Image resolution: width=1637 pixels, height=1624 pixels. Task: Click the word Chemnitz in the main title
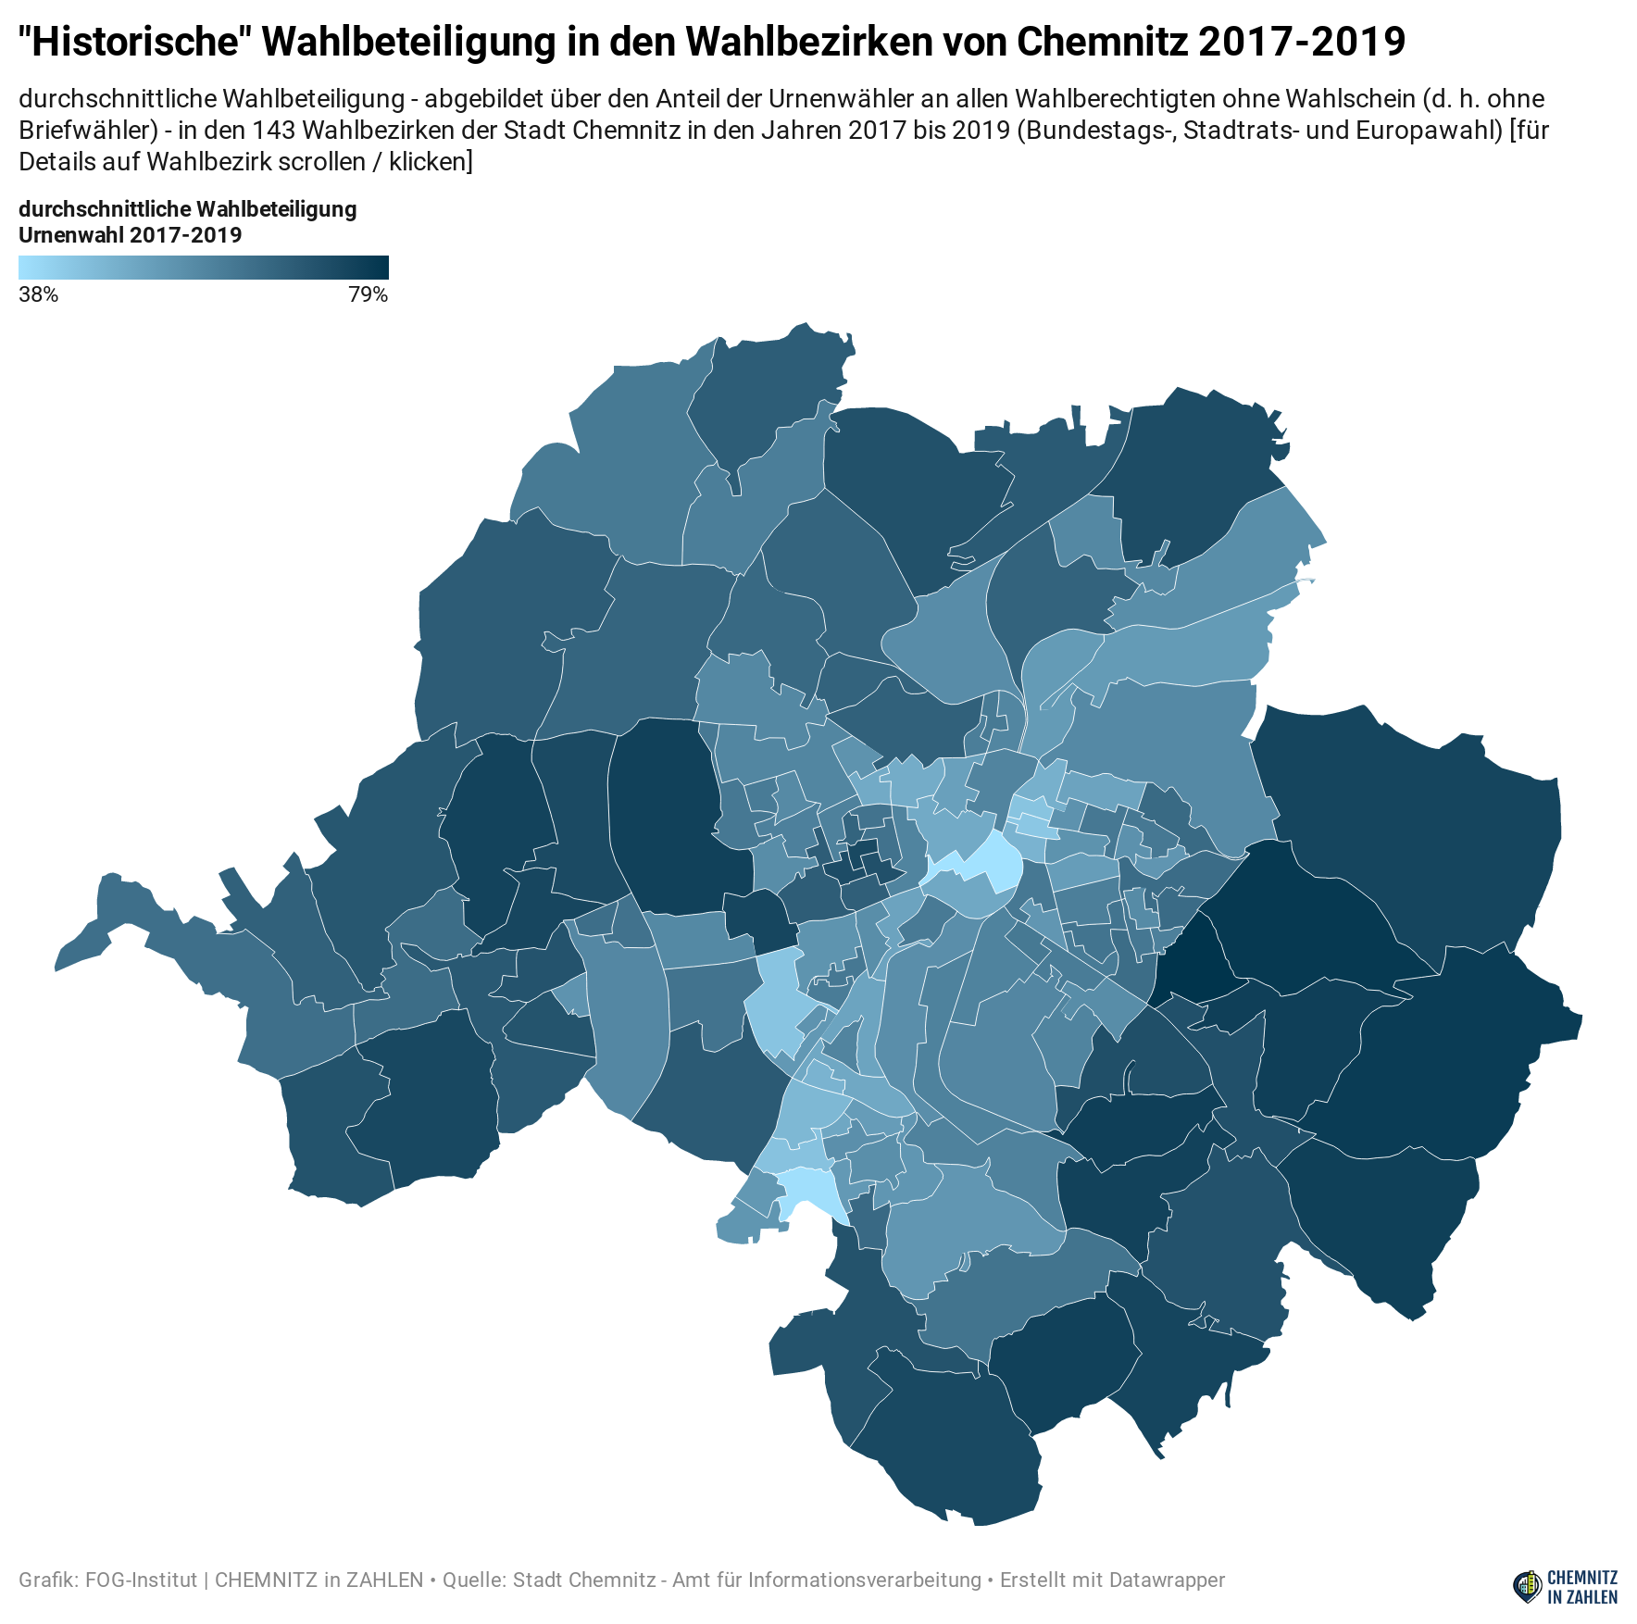pos(1101,42)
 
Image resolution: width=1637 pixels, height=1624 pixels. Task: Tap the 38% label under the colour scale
pos(38,295)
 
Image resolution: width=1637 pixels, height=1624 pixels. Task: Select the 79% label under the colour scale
pos(368,295)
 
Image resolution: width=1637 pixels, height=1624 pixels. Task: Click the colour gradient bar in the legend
pos(203,268)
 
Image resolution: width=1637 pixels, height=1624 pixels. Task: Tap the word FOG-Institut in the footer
pos(141,1580)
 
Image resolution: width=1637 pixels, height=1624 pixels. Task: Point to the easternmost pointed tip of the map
pos(1579,1024)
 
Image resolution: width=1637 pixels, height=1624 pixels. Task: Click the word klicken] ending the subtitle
pos(431,161)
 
